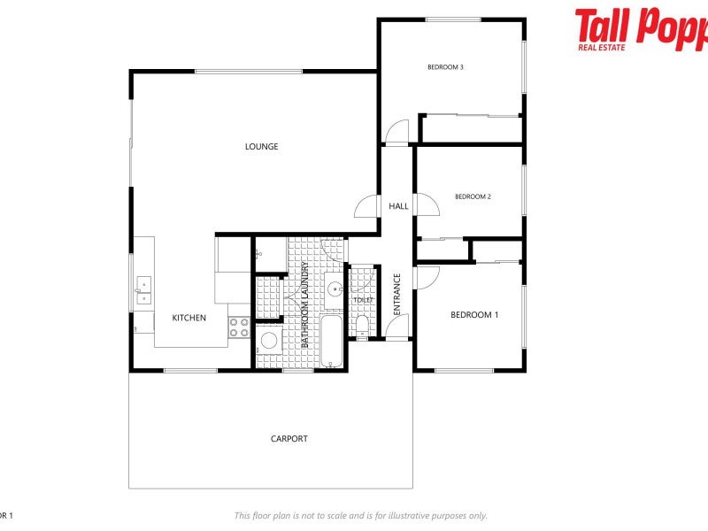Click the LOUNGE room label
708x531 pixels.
click(x=261, y=147)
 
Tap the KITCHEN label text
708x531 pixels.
click(x=189, y=318)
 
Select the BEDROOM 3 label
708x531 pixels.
click(x=445, y=67)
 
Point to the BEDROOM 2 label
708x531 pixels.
click(x=473, y=196)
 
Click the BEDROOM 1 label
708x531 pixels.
click(x=474, y=315)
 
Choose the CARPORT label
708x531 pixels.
click(x=289, y=438)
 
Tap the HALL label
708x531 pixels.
click(x=398, y=206)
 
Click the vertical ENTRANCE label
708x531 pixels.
click(x=397, y=295)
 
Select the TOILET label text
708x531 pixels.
click(x=363, y=301)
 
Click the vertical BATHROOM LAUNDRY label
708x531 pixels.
click(x=305, y=304)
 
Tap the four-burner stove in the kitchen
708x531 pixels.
click(x=239, y=327)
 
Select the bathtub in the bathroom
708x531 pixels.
click(x=331, y=341)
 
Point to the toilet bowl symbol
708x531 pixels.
click(x=362, y=325)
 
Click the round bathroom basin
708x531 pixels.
click(x=335, y=289)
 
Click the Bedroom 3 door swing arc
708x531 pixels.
click(x=396, y=132)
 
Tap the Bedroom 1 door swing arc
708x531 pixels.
click(x=426, y=275)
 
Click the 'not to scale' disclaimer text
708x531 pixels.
click(x=360, y=516)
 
